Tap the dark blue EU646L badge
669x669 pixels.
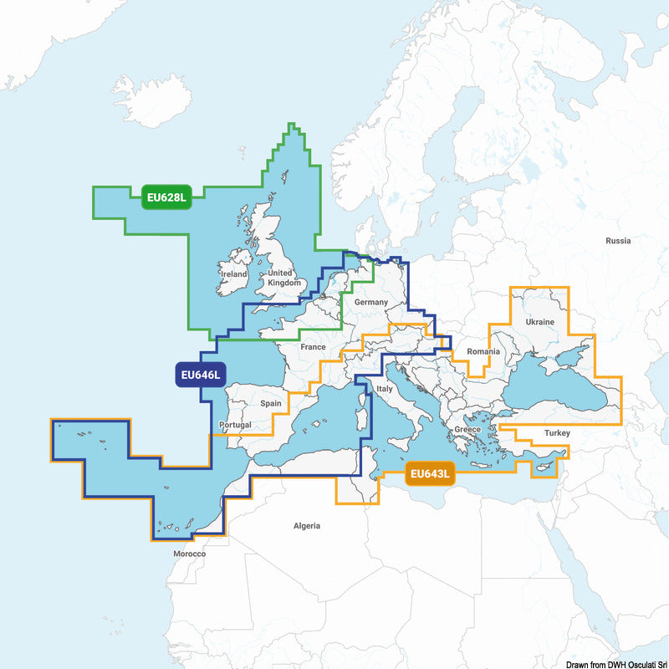[199, 375]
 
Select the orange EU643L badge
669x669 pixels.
[430, 475]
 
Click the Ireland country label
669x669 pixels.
[233, 274]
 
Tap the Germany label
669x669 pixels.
[371, 302]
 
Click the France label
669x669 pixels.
[313, 347]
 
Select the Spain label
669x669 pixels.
[271, 403]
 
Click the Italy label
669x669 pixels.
[385, 390]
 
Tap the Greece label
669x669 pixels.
[467, 430]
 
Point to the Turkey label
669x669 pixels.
[556, 433]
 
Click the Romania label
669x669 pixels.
[483, 352]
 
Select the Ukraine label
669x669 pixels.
[539, 322]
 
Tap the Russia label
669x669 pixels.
[618, 241]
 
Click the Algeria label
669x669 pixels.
[306, 526]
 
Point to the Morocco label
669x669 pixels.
[189, 554]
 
